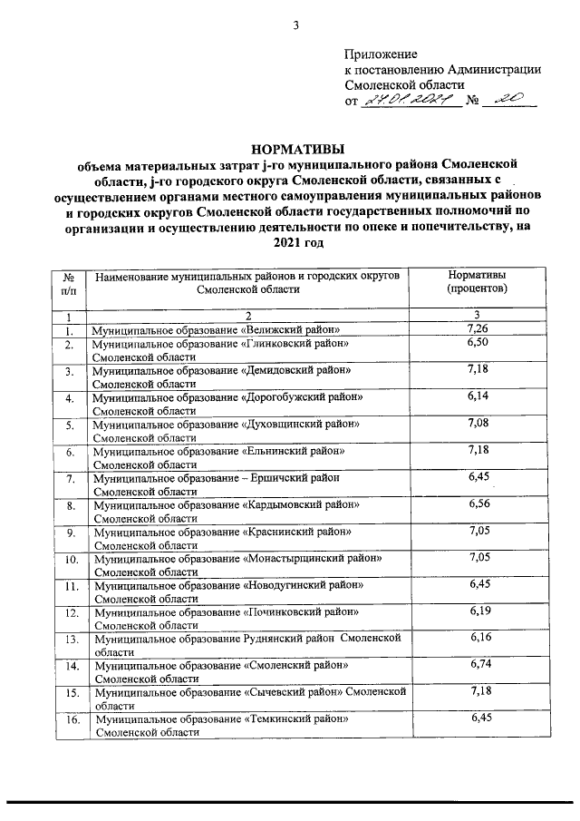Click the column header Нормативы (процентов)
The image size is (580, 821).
click(x=478, y=281)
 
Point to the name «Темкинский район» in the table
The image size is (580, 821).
click(x=297, y=718)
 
